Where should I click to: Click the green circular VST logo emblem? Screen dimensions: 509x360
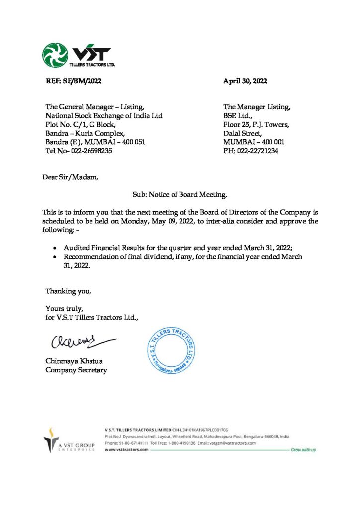tap(55, 55)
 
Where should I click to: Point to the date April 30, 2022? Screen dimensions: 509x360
tap(245, 81)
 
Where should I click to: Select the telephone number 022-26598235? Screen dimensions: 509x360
tap(86, 151)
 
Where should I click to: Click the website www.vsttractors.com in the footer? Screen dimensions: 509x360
tap(127, 449)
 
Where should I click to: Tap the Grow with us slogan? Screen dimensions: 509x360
tap(304, 449)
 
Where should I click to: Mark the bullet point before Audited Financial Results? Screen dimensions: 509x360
tap(55, 248)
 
